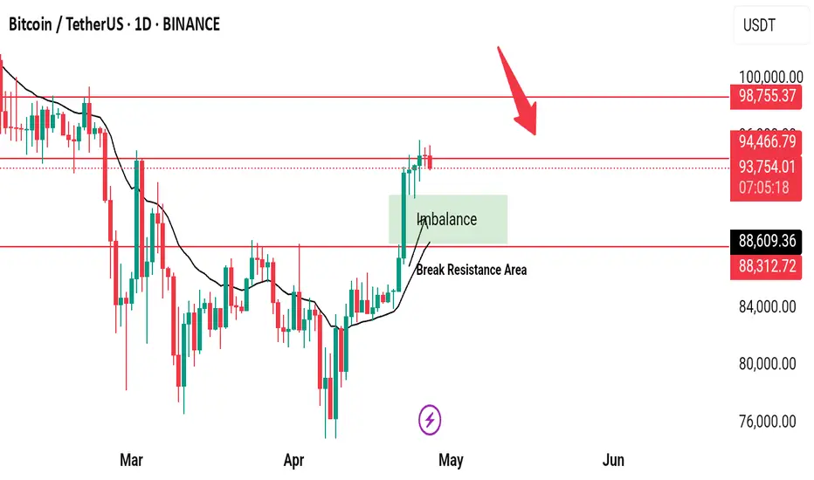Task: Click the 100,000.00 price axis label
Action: pos(762,78)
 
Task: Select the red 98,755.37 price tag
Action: pos(765,95)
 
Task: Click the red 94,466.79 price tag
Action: pos(765,141)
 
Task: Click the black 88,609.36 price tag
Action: pos(765,240)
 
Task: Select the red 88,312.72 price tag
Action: pos(765,265)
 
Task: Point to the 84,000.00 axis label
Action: pos(762,306)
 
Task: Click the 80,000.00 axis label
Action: pos(762,363)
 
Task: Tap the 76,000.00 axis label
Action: pos(762,421)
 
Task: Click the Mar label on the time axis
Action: pos(130,459)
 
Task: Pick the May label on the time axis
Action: pos(451,459)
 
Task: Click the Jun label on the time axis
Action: pos(613,459)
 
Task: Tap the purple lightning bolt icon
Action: pos(430,421)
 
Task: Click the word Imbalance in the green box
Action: pos(447,219)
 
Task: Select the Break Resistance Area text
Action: pos(472,270)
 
